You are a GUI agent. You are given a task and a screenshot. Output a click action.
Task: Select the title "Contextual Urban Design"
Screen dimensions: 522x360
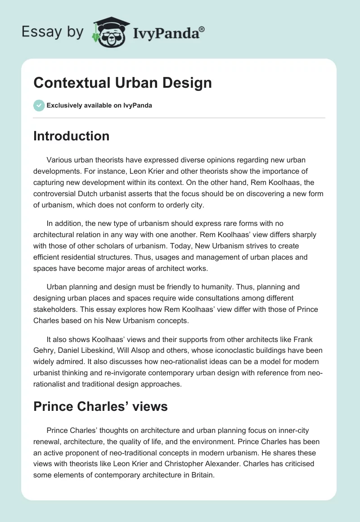pyautogui.click(x=122, y=83)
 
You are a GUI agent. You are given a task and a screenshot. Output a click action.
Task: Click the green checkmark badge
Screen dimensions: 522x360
pyautogui.click(x=39, y=105)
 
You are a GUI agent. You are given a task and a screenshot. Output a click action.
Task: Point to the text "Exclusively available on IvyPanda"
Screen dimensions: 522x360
pyautogui.click(x=99, y=106)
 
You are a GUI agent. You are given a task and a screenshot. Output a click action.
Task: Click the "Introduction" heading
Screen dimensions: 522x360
pyautogui.click(x=72, y=136)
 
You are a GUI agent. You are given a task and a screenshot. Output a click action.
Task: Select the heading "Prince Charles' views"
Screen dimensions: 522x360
pyautogui.click(x=100, y=406)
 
